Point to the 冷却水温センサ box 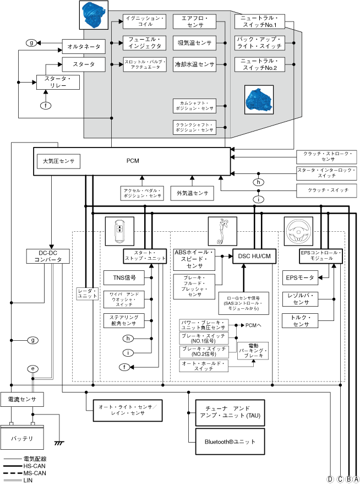pos(194,64)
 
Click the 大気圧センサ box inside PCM pos(58,161)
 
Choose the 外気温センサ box pos(192,193)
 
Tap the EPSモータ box pos(300,278)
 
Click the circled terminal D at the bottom pos(330,479)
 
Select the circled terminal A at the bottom pos(357,479)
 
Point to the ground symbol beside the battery pos(57,442)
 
